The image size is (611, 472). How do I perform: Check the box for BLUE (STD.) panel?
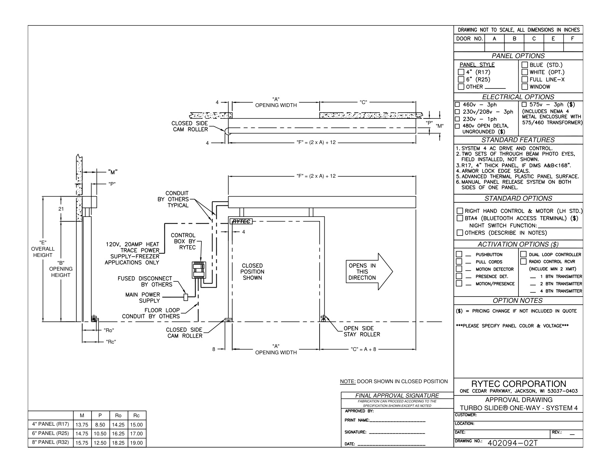pos(525,65)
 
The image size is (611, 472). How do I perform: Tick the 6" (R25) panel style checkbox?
pos(461,80)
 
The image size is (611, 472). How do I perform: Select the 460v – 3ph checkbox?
pos(457,104)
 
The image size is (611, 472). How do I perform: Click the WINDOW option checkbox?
pos(525,87)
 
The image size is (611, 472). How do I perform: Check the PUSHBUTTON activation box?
pos(459,254)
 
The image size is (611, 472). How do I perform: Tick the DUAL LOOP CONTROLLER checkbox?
pos(523,254)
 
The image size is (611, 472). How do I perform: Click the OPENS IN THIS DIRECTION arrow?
pos(369,272)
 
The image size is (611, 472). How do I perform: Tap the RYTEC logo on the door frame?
pos(241,221)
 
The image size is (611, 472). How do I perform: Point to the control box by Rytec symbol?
pos(199,270)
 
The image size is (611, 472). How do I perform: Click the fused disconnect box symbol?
pos(186,297)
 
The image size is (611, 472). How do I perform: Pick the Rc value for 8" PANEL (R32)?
pos(136,443)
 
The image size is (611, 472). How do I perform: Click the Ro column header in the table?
pos(118,415)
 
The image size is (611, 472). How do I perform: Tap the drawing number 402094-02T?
pos(512,443)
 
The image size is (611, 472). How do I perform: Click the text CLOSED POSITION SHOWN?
pos(252,272)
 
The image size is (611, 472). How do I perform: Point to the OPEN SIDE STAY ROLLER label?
pos(361,331)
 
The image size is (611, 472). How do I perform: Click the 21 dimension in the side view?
pos(61,209)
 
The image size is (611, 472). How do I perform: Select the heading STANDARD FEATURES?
pos(518,140)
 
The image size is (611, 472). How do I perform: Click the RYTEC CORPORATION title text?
pos(518,384)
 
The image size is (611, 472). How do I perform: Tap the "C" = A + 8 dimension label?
pos(363,349)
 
